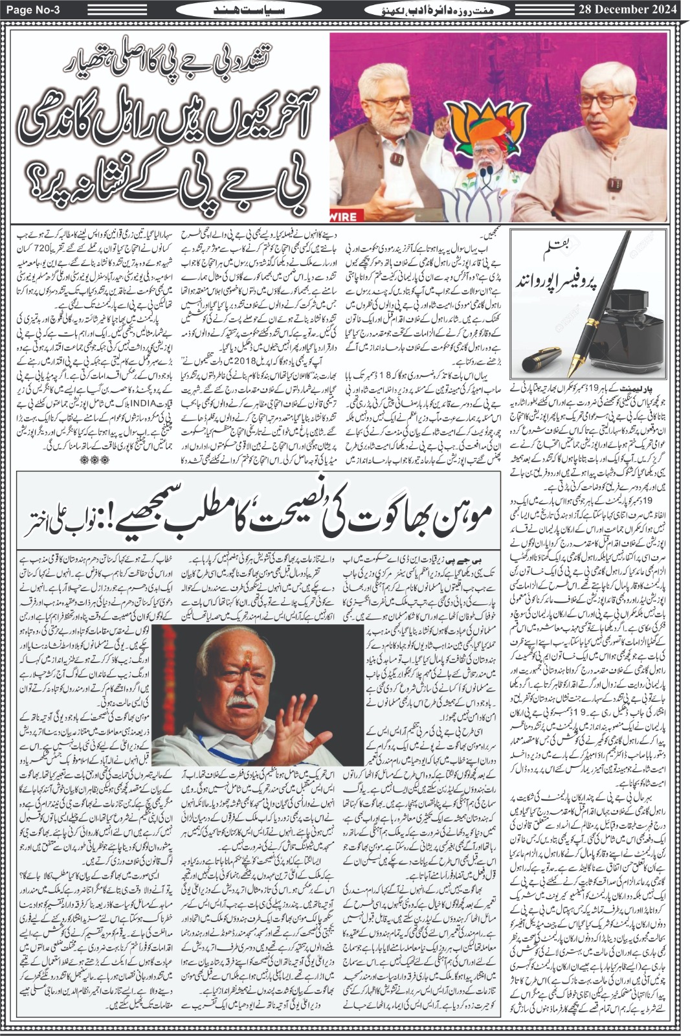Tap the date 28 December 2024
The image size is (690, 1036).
[x=628, y=9]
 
